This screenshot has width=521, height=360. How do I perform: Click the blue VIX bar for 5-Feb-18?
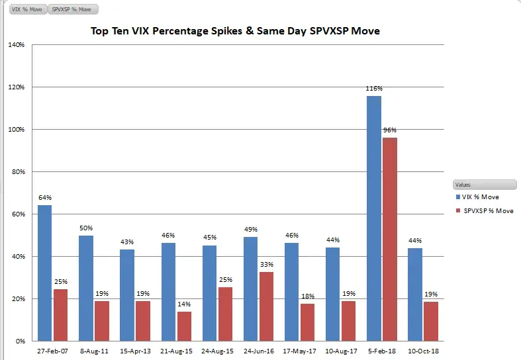pyautogui.click(x=374, y=218)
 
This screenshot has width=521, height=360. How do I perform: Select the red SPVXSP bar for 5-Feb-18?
pyautogui.click(x=390, y=239)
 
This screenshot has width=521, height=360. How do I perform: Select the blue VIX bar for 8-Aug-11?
pyautogui.click(x=85, y=288)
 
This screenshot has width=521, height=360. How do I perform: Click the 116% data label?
pyautogui.click(x=374, y=89)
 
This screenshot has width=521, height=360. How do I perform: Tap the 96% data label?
pyautogui.click(x=390, y=130)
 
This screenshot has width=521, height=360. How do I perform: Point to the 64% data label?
pyautogui.click(x=44, y=198)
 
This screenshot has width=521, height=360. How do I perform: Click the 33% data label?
pyautogui.click(x=266, y=265)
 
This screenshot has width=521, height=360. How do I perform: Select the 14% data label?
pyautogui.click(x=184, y=304)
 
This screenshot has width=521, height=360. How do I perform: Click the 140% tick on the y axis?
pyautogui.click(x=16, y=45)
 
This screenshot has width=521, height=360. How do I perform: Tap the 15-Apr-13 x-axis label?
pyautogui.click(x=134, y=351)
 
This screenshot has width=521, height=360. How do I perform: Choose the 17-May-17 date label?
pyautogui.click(x=299, y=351)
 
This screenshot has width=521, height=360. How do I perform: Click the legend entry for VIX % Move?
pyautogui.click(x=481, y=197)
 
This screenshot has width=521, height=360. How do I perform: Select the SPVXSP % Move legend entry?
pyautogui.click(x=486, y=211)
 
